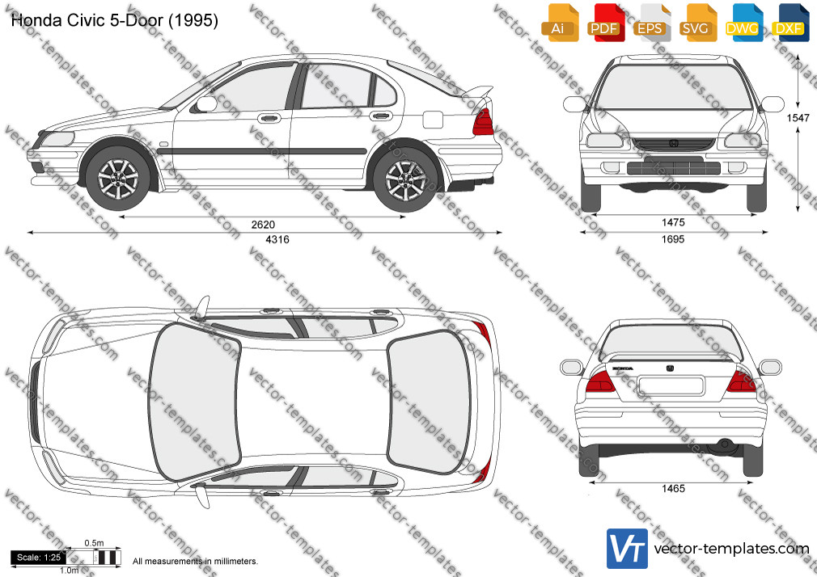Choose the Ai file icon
(560, 23)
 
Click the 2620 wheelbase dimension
(263, 225)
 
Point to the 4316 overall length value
(277, 239)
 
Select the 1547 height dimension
(798, 118)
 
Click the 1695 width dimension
(673, 239)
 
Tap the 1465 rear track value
(673, 488)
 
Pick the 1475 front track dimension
(673, 222)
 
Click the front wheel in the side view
(118, 179)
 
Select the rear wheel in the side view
(404, 179)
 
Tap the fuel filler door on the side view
(433, 120)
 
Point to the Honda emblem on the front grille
(673, 143)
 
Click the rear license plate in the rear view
(671, 386)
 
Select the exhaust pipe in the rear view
(724, 444)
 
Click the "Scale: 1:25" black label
(39, 558)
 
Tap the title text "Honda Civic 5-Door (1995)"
(115, 20)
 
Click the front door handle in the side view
(269, 118)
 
